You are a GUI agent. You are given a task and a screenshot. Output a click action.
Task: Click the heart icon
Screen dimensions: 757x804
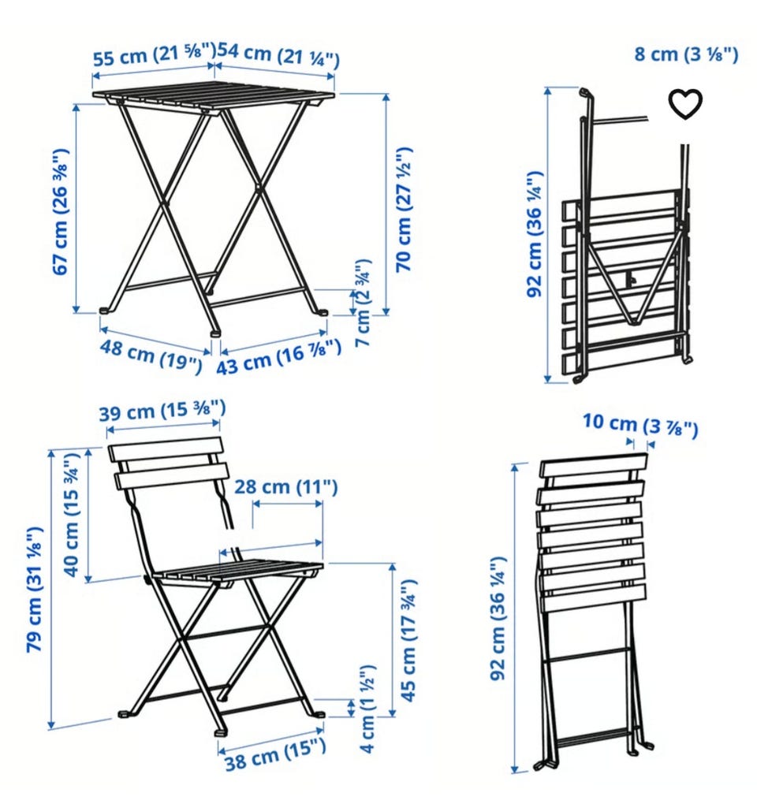pos(685,104)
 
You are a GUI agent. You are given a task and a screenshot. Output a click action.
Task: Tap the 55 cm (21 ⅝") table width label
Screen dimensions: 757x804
pos(155,54)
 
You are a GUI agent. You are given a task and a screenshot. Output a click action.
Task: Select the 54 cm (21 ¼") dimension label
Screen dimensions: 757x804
pos(278,55)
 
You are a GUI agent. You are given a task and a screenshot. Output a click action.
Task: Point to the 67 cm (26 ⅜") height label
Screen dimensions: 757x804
pos(61,212)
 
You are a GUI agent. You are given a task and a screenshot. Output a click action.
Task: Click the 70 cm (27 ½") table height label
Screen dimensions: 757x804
pos(405,209)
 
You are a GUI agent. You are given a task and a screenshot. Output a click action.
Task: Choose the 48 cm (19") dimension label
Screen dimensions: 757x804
pos(151,355)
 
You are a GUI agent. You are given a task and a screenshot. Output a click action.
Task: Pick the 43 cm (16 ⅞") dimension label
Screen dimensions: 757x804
pos(278,357)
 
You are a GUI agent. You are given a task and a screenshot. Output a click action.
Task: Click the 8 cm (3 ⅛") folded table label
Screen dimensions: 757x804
pos(686,54)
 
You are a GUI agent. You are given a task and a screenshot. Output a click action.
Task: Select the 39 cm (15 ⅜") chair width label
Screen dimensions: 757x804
pos(162,411)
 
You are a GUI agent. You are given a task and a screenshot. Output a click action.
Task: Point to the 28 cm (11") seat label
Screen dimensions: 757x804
pos(286,486)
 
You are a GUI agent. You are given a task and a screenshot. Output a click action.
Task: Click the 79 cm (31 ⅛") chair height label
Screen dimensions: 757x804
pos(35,589)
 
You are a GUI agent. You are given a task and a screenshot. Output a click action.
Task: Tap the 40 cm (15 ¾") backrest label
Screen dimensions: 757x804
pos(73,515)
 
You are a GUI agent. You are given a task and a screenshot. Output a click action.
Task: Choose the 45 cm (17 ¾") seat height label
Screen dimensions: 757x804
pos(408,640)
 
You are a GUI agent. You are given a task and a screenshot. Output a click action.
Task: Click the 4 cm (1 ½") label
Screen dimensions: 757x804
pos(367,709)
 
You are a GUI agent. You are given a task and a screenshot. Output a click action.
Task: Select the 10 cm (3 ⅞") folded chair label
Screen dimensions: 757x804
pos(640,425)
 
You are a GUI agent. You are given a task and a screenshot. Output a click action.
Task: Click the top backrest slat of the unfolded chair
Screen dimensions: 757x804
pos(166,449)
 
